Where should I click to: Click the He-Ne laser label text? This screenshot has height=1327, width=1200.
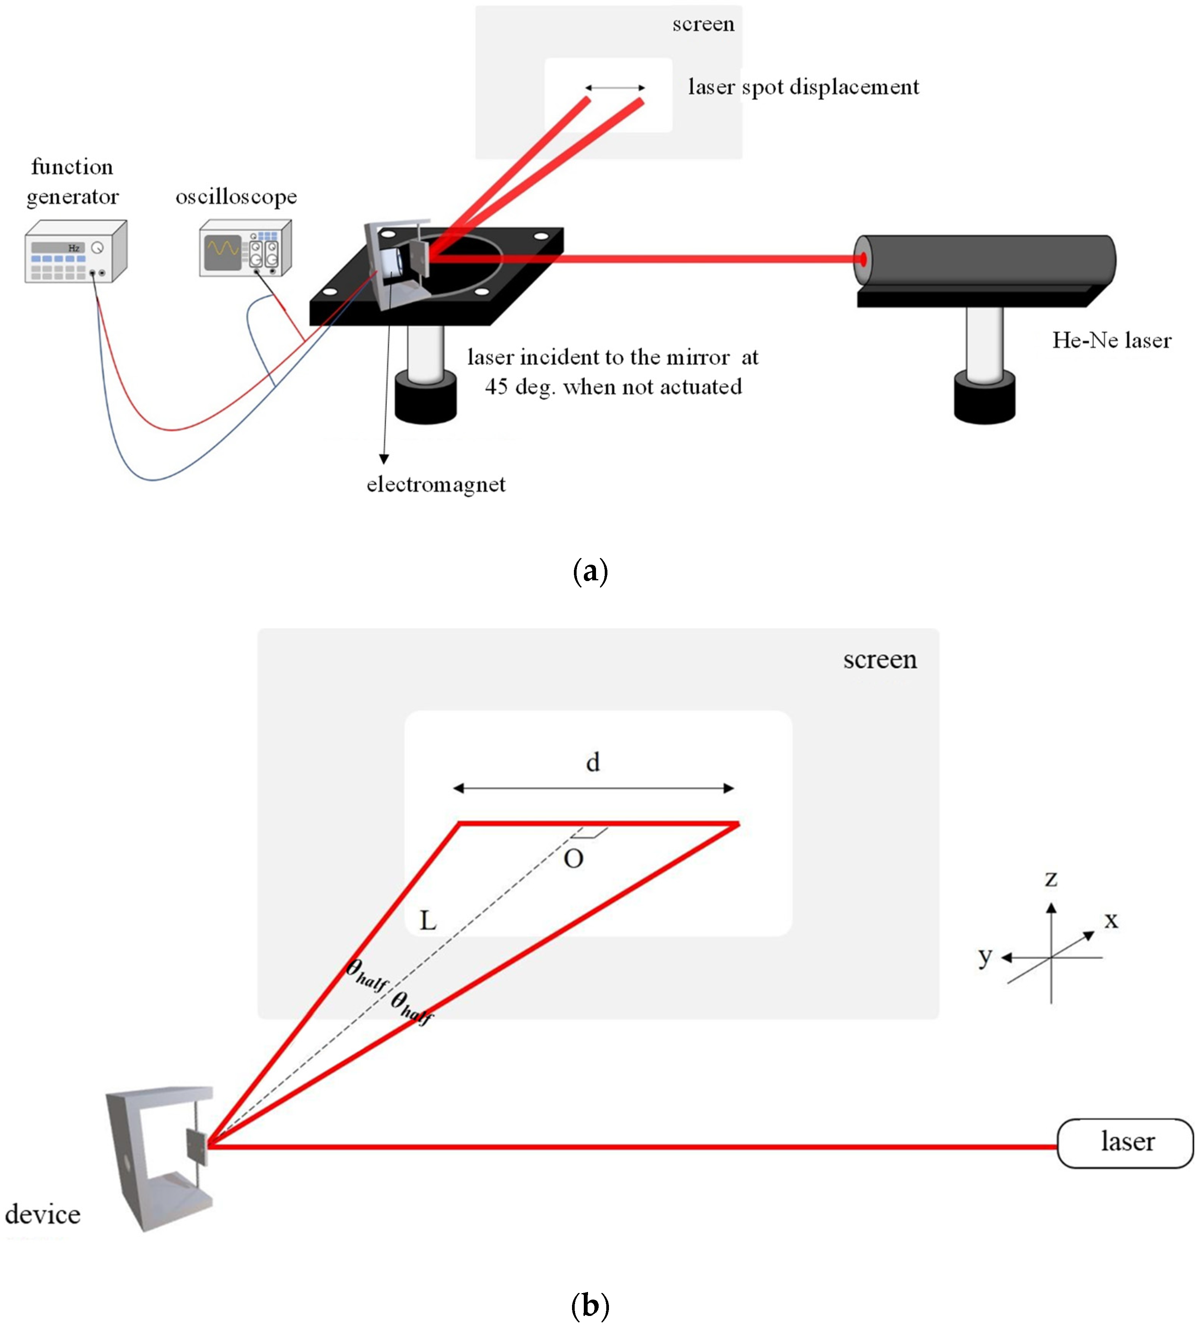(x=1111, y=340)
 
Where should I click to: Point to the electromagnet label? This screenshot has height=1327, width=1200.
(x=436, y=484)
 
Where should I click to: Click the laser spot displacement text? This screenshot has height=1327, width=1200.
(x=803, y=87)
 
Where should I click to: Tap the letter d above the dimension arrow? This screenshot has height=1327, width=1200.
(x=593, y=762)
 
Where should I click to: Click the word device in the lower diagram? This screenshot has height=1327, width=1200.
(x=43, y=1214)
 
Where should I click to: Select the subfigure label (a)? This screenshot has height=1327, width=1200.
(x=590, y=571)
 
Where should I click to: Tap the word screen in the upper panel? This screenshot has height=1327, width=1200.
(x=703, y=24)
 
